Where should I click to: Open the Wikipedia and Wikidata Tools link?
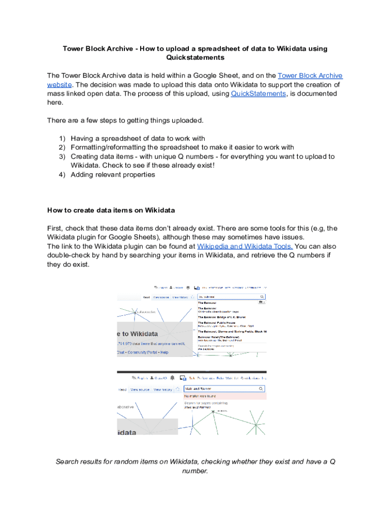pos(244,246)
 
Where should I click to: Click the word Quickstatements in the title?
pos(195,58)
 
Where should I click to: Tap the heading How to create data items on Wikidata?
pos(111,210)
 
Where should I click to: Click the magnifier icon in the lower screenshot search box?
pos(262,389)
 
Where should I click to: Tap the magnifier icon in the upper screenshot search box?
pos(262,296)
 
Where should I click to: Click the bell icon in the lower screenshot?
pos(173,378)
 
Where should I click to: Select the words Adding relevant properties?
pos(113,175)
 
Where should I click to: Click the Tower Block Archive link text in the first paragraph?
pos(310,76)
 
